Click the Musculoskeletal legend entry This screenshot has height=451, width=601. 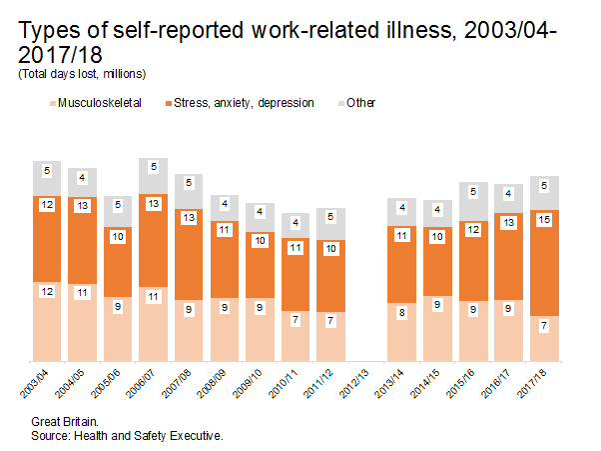(x=101, y=102)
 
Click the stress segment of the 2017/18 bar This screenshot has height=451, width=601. (x=545, y=262)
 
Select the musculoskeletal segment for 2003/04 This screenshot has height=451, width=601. (x=47, y=320)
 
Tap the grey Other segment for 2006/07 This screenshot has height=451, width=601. (x=154, y=176)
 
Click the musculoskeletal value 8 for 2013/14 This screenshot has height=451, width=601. (x=402, y=312)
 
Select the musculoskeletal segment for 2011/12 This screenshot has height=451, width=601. (x=331, y=336)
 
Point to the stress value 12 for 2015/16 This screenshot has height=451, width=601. (x=473, y=230)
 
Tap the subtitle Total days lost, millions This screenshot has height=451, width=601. (x=82, y=74)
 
